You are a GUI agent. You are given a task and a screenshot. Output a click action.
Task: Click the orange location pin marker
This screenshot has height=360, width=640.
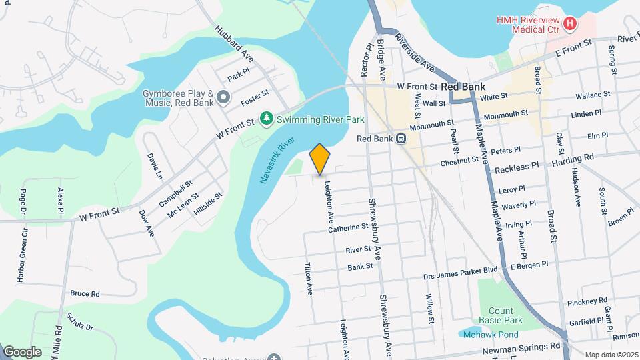pos(320,159)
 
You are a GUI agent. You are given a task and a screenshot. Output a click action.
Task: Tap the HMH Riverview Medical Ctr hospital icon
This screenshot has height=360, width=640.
pos(569,25)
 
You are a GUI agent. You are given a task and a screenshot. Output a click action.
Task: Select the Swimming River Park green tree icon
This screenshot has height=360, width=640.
pos(267,119)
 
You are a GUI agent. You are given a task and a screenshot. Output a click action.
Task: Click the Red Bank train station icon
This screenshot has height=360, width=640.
pos(401,139)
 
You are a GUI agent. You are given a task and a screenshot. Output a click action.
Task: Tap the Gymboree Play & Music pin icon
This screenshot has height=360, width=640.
pos(223,99)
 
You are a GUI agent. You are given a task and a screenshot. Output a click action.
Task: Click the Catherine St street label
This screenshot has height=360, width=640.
pos(348,227)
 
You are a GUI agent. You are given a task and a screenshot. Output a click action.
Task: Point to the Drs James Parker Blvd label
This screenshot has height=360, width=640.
pos(461,270)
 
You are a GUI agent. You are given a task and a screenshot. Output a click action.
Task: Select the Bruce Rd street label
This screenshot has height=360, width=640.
pos(85,293)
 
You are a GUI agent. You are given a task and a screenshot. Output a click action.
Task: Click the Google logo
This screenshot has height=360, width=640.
pos(22,351)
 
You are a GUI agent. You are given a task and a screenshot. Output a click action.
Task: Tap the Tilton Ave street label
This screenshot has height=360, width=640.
pos(309,279)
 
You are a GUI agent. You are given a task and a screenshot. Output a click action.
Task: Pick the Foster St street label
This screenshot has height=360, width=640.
pos(255,97)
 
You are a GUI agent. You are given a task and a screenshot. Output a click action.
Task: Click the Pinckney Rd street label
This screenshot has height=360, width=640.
pos(587,301)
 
